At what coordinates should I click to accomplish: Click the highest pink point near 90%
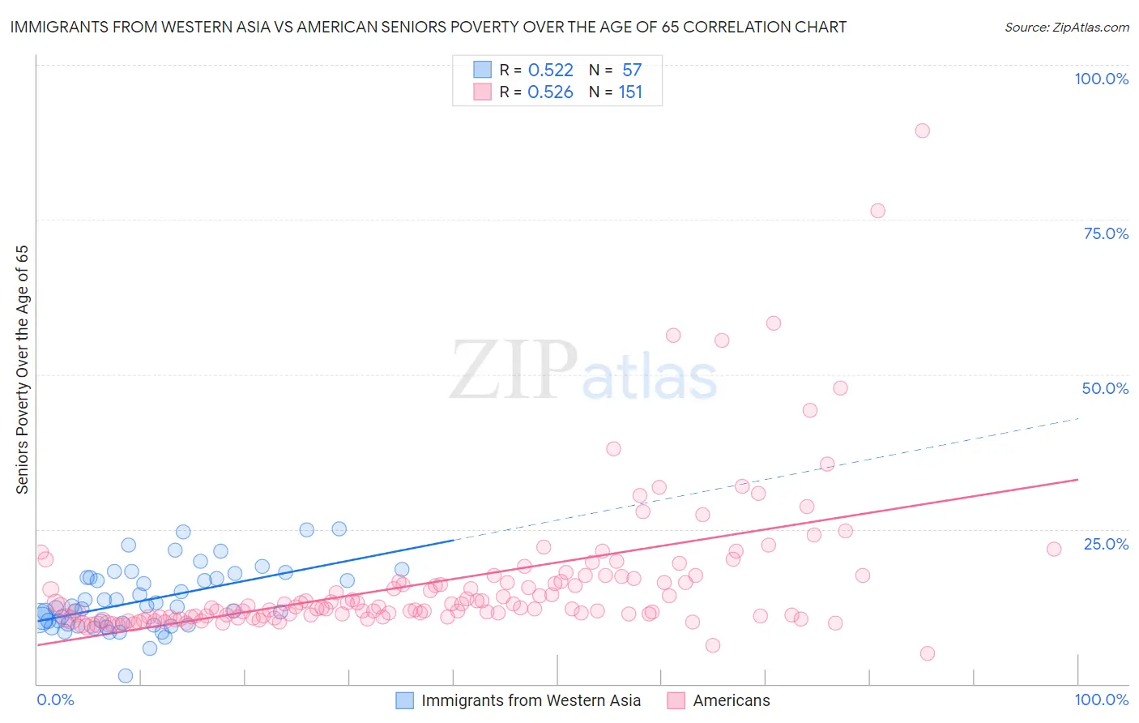point(922,130)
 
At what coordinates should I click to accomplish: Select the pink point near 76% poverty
point(877,211)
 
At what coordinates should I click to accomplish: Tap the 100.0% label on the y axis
point(1101,79)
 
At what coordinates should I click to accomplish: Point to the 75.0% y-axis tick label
point(1106,233)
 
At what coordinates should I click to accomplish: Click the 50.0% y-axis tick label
point(1105,388)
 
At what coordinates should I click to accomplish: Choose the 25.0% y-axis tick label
point(1106,544)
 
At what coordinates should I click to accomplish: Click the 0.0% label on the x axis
point(55,699)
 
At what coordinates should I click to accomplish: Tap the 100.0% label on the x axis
point(1101,699)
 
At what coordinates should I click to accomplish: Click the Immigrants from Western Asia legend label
point(531,700)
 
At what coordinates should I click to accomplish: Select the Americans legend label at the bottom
point(731,700)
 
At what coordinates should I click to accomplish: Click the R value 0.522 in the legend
point(550,71)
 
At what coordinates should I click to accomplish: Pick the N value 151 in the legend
point(630,92)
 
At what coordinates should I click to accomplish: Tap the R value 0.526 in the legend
point(550,92)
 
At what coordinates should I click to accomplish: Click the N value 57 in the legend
point(632,71)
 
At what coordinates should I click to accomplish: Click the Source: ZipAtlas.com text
point(1066,28)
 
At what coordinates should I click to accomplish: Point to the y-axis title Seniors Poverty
point(22,369)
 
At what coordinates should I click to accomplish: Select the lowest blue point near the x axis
point(126,675)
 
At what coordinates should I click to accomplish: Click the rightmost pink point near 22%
point(1054,549)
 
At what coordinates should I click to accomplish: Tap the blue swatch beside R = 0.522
point(483,70)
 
